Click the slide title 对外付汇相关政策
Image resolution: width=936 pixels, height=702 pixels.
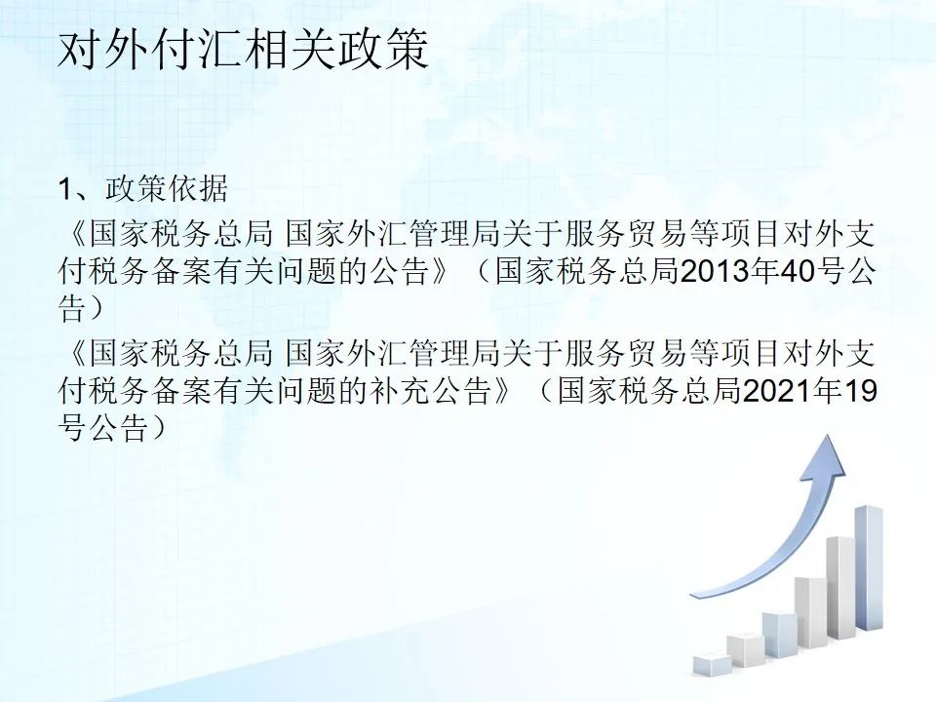click(x=243, y=51)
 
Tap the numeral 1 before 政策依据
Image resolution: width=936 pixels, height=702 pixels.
click(x=65, y=190)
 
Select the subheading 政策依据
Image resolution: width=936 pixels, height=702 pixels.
click(x=167, y=189)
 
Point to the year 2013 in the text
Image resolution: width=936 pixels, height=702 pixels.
click(x=715, y=272)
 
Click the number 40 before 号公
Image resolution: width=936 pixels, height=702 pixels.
click(x=799, y=272)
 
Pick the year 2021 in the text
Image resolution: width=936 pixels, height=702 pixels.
click(x=777, y=392)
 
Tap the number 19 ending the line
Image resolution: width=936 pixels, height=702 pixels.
click(x=860, y=392)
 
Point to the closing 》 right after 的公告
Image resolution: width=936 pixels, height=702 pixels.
click(x=440, y=272)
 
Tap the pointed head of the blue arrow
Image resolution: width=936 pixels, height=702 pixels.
click(x=831, y=436)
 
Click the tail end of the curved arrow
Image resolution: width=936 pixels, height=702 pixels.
click(x=692, y=595)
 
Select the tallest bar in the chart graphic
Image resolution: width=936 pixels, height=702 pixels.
click(x=869, y=567)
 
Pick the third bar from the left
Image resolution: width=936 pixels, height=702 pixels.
click(x=779, y=635)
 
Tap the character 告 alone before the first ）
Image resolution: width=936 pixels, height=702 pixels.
click(x=72, y=310)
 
